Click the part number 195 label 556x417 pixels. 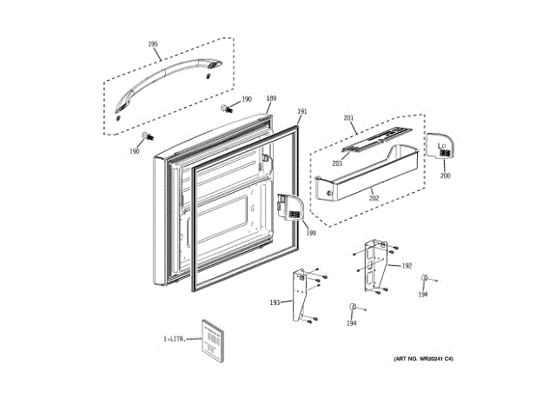(x=153, y=43)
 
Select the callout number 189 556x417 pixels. (x=271, y=98)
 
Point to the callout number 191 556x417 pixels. (x=302, y=111)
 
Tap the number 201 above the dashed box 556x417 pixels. (x=349, y=117)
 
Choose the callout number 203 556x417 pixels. (x=337, y=163)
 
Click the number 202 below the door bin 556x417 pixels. (x=374, y=198)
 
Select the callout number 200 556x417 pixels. (x=445, y=175)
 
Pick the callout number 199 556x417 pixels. (x=310, y=232)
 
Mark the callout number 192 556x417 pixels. (x=407, y=266)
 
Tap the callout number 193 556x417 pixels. (x=275, y=302)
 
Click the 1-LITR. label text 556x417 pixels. (x=175, y=339)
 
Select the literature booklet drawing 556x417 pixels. (x=212, y=340)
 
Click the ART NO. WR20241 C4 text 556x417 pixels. (x=423, y=359)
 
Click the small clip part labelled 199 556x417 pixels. (x=289, y=206)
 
